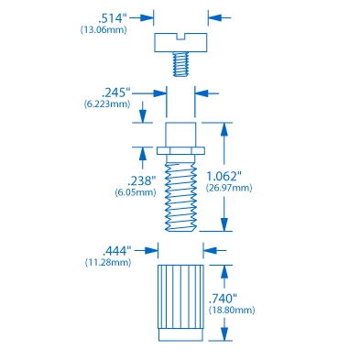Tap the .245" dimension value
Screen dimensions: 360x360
point(115,92)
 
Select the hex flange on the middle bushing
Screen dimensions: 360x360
point(180,149)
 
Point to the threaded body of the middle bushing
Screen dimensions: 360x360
point(180,192)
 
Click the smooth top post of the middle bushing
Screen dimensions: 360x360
point(180,132)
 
